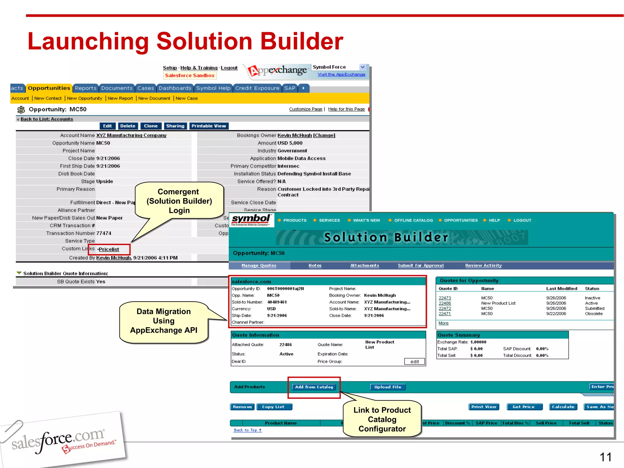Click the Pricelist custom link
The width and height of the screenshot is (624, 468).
[x=109, y=249]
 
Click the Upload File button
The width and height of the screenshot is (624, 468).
[x=388, y=387]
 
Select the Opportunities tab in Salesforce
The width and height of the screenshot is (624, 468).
[x=49, y=88]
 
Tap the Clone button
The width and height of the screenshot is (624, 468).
[x=151, y=126]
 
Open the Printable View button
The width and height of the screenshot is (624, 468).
[x=209, y=126]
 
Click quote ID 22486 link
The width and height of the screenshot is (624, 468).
[x=445, y=303]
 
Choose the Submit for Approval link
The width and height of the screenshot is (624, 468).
[x=421, y=265]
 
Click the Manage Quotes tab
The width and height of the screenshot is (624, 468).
[x=259, y=265]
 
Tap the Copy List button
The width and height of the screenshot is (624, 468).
[x=273, y=407]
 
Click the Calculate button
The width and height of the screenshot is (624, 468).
[x=563, y=407]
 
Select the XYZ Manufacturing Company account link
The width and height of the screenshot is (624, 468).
[x=131, y=135]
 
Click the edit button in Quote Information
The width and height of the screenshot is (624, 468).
[x=414, y=361]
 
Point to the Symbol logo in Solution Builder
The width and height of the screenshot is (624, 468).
[x=251, y=220]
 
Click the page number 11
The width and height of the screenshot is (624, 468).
[x=605, y=457]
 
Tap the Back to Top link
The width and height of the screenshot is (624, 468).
[x=248, y=430]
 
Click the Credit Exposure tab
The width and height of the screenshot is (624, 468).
[x=257, y=88]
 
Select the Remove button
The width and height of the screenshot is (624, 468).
[x=242, y=407]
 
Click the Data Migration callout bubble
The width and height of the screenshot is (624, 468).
[x=164, y=321]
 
